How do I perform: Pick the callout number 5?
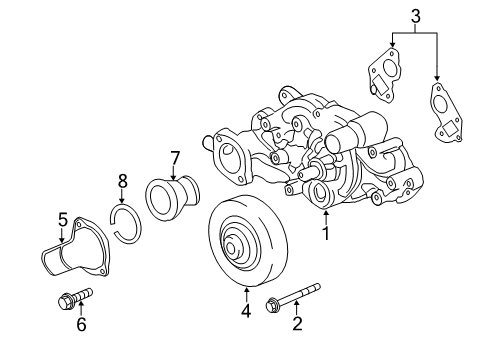pos(61,218)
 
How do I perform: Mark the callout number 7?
pos(174,157)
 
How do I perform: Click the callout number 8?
pos(123,182)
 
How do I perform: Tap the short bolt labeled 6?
pos(74,297)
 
